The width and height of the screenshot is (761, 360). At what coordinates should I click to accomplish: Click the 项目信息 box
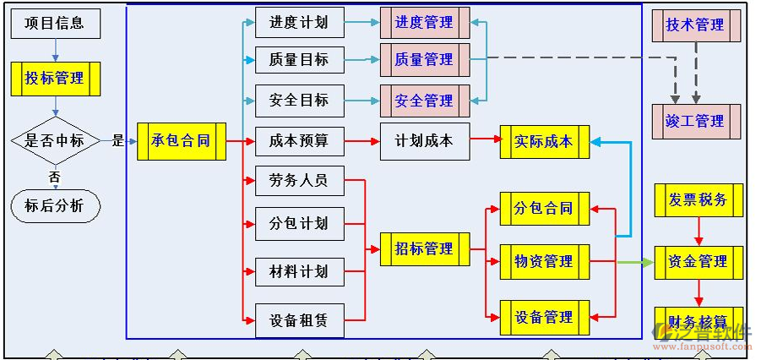pos(56,23)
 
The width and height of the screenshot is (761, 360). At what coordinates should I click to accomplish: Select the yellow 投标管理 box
pos(56,79)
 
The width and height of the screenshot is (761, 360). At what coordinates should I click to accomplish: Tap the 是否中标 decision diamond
pos(55,140)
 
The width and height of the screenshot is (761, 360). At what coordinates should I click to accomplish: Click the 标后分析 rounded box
pos(56,205)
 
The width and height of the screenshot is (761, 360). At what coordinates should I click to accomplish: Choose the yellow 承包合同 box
pos(181,140)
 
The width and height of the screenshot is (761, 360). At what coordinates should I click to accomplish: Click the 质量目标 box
pos(299,59)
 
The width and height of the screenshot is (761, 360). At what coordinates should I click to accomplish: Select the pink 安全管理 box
pos(424,101)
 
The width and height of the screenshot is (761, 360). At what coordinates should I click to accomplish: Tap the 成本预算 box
pos(299,140)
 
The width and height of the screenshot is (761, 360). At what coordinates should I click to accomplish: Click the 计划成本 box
pos(424,140)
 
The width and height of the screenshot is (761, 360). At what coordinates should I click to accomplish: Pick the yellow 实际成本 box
pos(544,141)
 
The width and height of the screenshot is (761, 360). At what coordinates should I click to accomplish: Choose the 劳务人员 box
pos(299,180)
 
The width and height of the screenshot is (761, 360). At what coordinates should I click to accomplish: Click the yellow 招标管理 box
pos(424,248)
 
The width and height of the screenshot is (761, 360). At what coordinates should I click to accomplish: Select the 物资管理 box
pos(544,262)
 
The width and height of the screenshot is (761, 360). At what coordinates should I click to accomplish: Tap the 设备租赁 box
pos(299,321)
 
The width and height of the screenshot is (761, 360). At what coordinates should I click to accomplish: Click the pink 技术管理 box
pos(696,25)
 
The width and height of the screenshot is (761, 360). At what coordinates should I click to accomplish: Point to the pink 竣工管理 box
pos(696,121)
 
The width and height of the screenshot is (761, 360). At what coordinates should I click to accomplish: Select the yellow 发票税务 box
pos(698,200)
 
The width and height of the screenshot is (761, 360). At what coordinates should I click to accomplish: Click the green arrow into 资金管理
pos(634,262)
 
